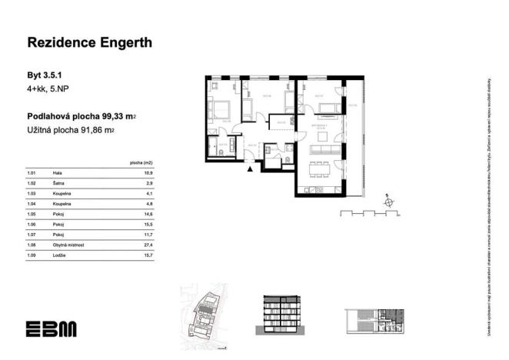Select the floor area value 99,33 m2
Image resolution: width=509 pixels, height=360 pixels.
pyautogui.click(x=120, y=117)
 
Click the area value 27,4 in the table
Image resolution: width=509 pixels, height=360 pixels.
pyautogui.click(x=148, y=245)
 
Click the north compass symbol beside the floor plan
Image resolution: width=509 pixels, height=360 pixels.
pyautogui.click(x=389, y=202)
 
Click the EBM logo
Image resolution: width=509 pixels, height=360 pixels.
pyautogui.click(x=51, y=328)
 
